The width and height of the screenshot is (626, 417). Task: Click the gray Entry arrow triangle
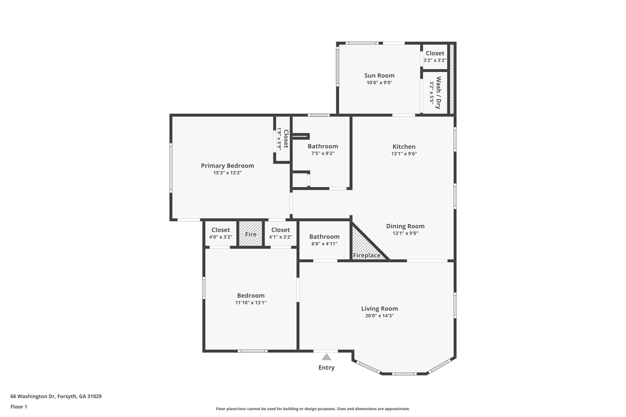click(326, 357)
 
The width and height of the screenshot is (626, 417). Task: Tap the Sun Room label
click(379, 75)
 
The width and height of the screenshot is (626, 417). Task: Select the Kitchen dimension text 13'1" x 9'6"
click(404, 154)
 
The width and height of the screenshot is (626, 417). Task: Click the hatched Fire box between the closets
click(250, 234)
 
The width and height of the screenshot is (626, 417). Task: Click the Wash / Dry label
click(438, 93)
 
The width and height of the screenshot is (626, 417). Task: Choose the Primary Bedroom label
click(227, 166)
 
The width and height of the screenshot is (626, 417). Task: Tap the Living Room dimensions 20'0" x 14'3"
click(379, 316)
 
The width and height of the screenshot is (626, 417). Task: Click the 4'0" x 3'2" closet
click(220, 233)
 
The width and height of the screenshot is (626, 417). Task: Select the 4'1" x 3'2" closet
click(280, 233)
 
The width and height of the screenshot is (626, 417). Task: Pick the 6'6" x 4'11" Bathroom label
click(324, 237)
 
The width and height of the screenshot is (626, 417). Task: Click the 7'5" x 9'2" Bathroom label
click(322, 146)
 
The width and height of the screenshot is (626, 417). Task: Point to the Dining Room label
click(405, 226)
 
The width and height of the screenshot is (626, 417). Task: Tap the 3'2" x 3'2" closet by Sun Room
click(435, 57)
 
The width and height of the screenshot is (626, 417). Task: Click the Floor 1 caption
click(19, 407)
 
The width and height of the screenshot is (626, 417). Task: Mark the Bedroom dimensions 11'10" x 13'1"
click(251, 303)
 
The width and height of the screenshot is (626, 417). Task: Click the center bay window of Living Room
click(404, 374)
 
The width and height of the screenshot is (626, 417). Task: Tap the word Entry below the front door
click(326, 368)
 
